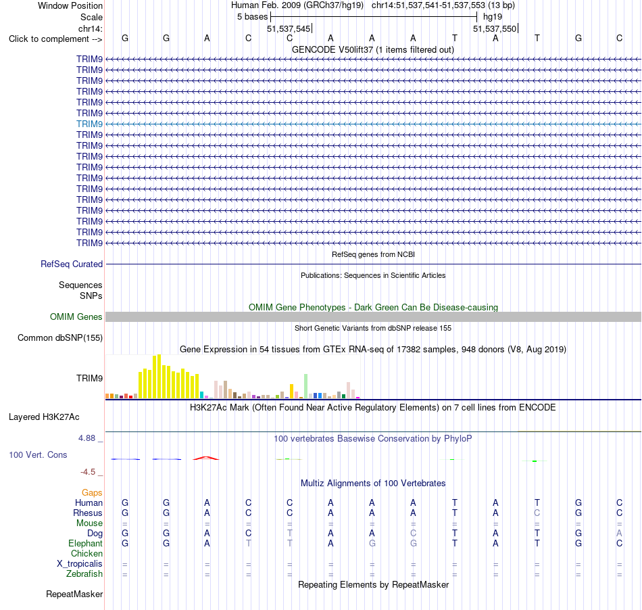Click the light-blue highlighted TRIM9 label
[x=89, y=124]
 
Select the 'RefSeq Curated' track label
[x=72, y=264]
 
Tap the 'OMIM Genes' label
[x=76, y=316]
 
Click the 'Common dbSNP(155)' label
[x=60, y=337]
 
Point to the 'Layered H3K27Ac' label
[x=44, y=417]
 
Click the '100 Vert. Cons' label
[x=38, y=454]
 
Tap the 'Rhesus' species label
[x=88, y=513]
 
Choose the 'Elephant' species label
[x=86, y=543]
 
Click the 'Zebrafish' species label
[x=84, y=573]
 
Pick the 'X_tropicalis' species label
[x=80, y=564]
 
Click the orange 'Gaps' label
[x=92, y=492]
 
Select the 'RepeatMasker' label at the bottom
[x=74, y=594]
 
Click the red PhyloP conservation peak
[x=206, y=457]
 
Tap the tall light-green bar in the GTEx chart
[x=305, y=386]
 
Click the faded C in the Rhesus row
[x=537, y=513]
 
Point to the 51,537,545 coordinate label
[x=289, y=28]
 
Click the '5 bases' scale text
[x=252, y=17]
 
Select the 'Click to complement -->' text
[x=55, y=39]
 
